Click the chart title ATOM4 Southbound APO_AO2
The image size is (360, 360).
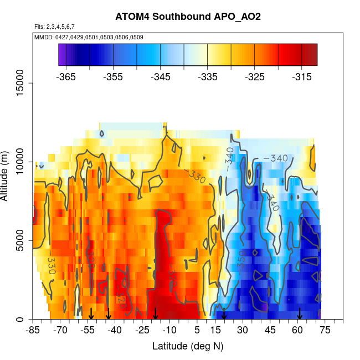[188, 17]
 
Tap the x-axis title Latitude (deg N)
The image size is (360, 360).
[188, 346]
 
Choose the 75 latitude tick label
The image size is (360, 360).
[325, 331]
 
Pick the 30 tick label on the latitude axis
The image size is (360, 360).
[243, 331]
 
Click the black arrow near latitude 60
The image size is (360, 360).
[300, 314]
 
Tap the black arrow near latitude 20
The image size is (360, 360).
[224, 314]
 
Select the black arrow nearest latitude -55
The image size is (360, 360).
[91, 314]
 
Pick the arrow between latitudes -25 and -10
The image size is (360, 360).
[156, 314]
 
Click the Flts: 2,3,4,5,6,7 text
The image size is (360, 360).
[54, 27]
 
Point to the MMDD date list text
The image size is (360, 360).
[81, 37]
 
